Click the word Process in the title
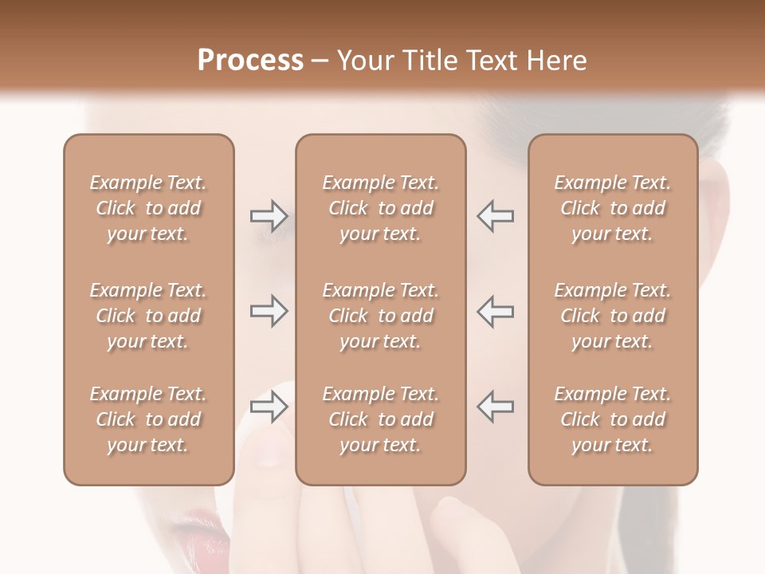[250, 61]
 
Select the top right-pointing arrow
[269, 215]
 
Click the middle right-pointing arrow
[269, 311]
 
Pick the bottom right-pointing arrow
[269, 407]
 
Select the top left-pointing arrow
[495, 215]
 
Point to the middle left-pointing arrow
[495, 311]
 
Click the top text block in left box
[148, 208]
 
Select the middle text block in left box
[148, 316]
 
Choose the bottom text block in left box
[148, 419]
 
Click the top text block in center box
[381, 208]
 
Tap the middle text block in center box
[381, 316]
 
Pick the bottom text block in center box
[381, 419]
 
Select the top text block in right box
[613, 208]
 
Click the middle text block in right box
[613, 316]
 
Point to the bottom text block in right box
[613, 419]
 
